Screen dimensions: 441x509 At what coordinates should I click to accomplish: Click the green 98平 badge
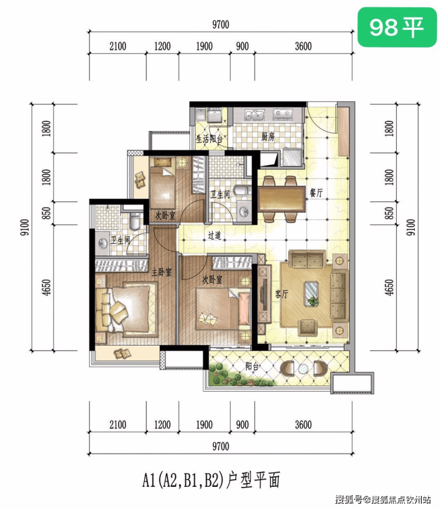tap(397, 27)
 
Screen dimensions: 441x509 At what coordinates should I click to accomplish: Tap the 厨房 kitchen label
tap(268, 137)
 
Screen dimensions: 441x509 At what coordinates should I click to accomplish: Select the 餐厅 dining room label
tap(316, 193)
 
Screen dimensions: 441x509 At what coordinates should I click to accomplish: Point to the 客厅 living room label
tap(281, 294)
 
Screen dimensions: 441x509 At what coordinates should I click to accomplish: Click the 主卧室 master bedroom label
tap(162, 272)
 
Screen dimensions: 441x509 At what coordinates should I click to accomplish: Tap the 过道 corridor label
tap(215, 235)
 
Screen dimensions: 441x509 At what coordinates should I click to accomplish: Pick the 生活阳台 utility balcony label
tap(209, 139)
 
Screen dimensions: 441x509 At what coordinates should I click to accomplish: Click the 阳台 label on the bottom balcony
tap(252, 367)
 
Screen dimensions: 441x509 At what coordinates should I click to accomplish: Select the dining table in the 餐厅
tap(282, 198)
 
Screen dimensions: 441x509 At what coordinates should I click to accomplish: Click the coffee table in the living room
tap(312, 294)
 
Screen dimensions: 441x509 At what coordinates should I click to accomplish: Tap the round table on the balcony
tap(303, 369)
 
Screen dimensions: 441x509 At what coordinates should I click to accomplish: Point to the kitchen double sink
tap(254, 114)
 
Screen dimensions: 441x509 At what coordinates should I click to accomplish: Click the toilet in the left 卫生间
tap(134, 221)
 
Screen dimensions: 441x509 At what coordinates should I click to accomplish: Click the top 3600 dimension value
tap(303, 46)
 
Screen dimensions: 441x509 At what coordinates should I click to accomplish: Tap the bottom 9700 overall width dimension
tap(220, 446)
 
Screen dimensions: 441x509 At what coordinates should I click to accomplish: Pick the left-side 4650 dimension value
tap(47, 287)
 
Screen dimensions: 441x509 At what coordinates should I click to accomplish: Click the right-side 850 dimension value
tap(390, 213)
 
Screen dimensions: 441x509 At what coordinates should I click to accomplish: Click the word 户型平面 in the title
tap(253, 480)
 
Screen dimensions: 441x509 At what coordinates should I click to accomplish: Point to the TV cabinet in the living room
tap(265, 294)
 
